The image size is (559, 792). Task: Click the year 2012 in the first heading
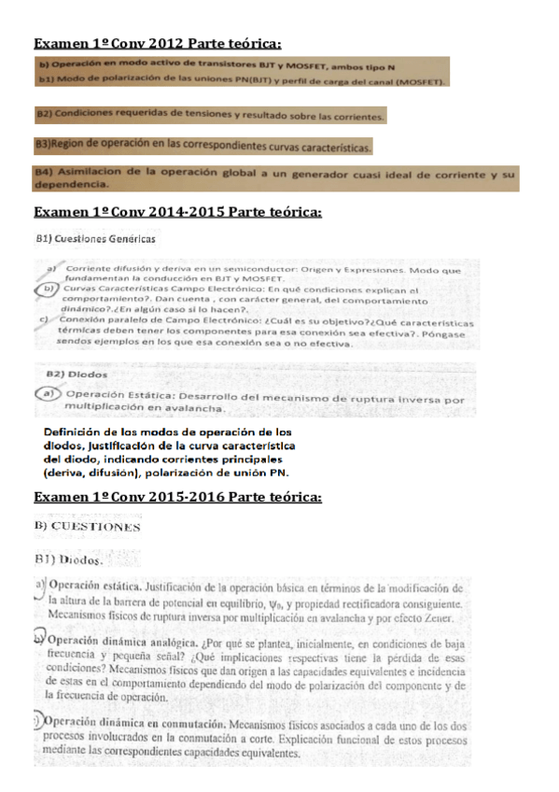click(x=166, y=44)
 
